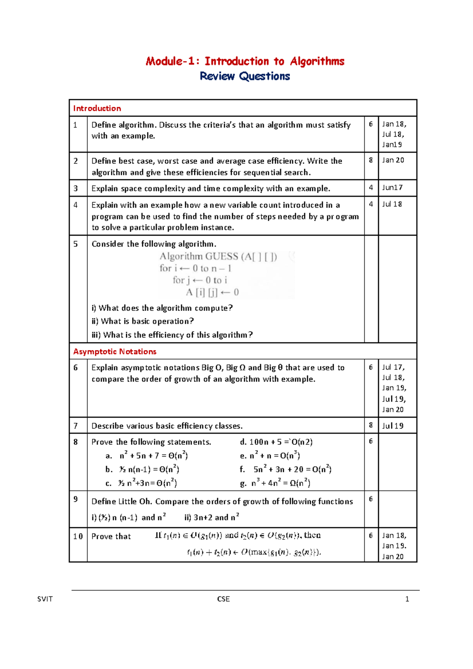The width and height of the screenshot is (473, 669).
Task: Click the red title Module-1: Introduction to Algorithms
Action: click(x=245, y=61)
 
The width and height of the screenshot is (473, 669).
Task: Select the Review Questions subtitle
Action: click(x=245, y=76)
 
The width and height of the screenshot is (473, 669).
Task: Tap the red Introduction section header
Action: click(x=97, y=108)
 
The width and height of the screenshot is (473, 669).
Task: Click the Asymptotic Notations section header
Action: click(x=115, y=351)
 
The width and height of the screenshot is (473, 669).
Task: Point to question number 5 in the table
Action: click(x=76, y=244)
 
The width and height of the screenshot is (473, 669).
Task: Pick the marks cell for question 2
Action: click(x=371, y=160)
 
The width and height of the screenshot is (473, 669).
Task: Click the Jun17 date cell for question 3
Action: click(x=392, y=188)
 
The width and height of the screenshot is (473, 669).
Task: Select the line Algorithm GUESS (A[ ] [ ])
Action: click(x=218, y=256)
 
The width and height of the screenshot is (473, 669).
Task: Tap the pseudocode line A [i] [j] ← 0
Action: click(x=212, y=292)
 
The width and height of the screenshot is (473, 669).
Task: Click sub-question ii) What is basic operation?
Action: click(x=143, y=321)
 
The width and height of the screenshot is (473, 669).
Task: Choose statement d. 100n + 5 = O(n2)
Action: click(x=276, y=442)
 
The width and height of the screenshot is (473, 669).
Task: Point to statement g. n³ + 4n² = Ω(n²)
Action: click(x=275, y=483)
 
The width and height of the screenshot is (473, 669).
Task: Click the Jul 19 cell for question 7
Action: click(x=393, y=426)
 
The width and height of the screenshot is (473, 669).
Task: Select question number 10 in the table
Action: click(x=78, y=536)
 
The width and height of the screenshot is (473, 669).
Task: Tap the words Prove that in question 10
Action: click(x=111, y=536)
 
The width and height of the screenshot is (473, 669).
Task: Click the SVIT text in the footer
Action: click(x=45, y=599)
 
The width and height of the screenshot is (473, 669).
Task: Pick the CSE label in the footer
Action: click(x=223, y=599)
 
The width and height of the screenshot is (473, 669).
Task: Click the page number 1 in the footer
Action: click(x=407, y=599)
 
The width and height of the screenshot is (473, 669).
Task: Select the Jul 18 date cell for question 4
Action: click(x=392, y=204)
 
